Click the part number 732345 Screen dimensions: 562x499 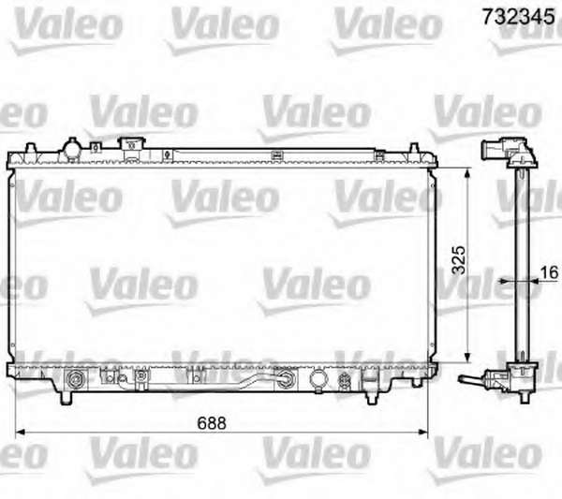(518, 17)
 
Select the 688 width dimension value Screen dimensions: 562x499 (212, 423)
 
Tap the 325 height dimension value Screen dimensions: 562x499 (459, 260)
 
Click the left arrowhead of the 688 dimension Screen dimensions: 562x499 (20, 433)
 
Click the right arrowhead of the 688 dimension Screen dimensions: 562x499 (423, 433)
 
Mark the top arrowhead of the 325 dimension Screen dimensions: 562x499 (467, 174)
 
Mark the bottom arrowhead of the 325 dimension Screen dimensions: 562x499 (467, 358)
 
